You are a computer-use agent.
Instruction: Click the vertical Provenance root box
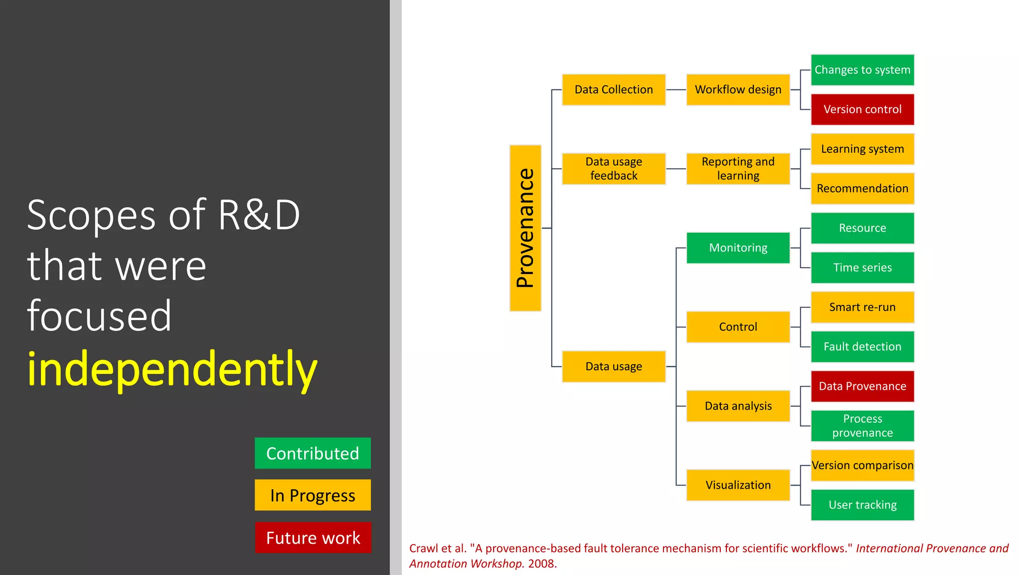[x=525, y=228]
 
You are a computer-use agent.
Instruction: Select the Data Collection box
[x=613, y=90]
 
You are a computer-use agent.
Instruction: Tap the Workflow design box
[x=738, y=90]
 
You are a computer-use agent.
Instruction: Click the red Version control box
[x=862, y=109]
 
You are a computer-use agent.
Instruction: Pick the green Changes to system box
[x=862, y=70]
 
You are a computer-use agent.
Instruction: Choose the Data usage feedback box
[x=613, y=169]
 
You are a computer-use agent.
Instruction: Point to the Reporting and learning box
[x=738, y=169]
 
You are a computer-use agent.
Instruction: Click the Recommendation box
[x=862, y=189]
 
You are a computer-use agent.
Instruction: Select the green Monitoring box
[x=738, y=248]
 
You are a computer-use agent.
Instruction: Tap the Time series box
[x=862, y=268]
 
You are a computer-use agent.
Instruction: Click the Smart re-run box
[x=862, y=307]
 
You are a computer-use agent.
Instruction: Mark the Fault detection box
[x=862, y=346]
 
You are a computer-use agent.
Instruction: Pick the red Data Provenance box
[x=862, y=386]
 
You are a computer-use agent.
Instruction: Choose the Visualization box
[x=738, y=485]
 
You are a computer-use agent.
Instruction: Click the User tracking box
[x=862, y=505]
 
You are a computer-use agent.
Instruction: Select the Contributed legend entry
[x=313, y=453]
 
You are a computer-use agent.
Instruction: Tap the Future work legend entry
[x=313, y=538]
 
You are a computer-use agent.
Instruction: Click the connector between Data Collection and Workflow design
[x=676, y=90]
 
